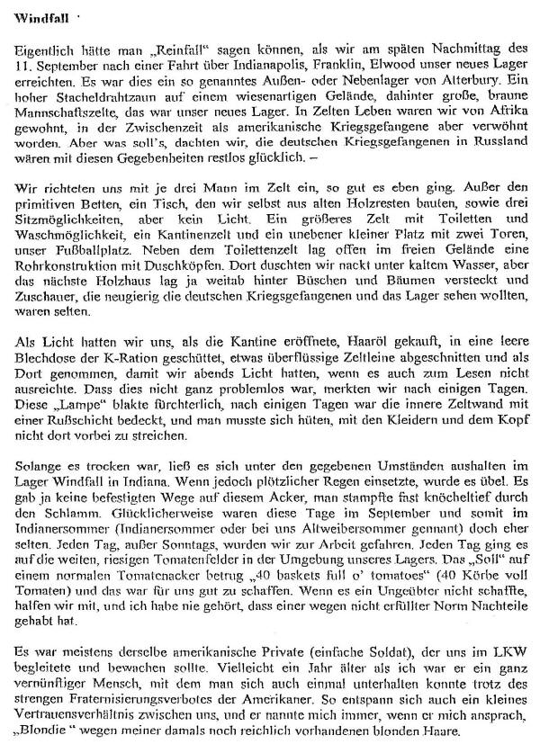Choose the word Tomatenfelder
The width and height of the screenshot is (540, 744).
click(199, 542)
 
